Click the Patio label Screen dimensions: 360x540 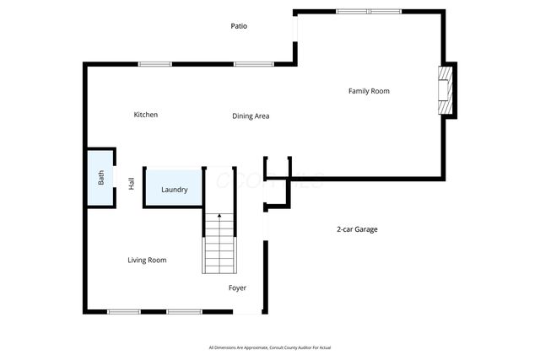(x=239, y=26)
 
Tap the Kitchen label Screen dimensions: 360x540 (x=145, y=115)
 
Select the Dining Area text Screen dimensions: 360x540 (x=251, y=116)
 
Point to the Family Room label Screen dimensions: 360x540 (x=369, y=91)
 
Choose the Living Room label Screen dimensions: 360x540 (x=147, y=261)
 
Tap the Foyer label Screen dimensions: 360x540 (x=238, y=288)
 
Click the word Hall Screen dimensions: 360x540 (x=132, y=183)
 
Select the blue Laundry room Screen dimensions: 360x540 (x=174, y=189)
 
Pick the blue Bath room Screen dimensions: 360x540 (x=100, y=178)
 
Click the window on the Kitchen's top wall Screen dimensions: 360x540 (x=155, y=64)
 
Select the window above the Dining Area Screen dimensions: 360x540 (x=252, y=64)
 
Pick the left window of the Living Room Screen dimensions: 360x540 (x=123, y=312)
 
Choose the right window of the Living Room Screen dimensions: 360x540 (x=183, y=312)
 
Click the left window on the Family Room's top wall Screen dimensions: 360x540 (x=351, y=12)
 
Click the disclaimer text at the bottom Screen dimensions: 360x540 (x=270, y=347)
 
